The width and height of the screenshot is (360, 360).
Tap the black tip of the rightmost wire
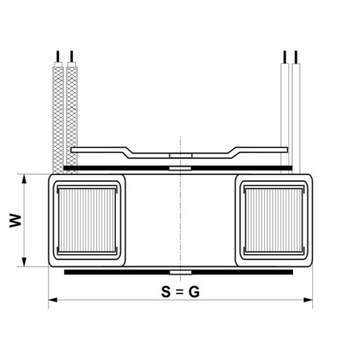298,52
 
